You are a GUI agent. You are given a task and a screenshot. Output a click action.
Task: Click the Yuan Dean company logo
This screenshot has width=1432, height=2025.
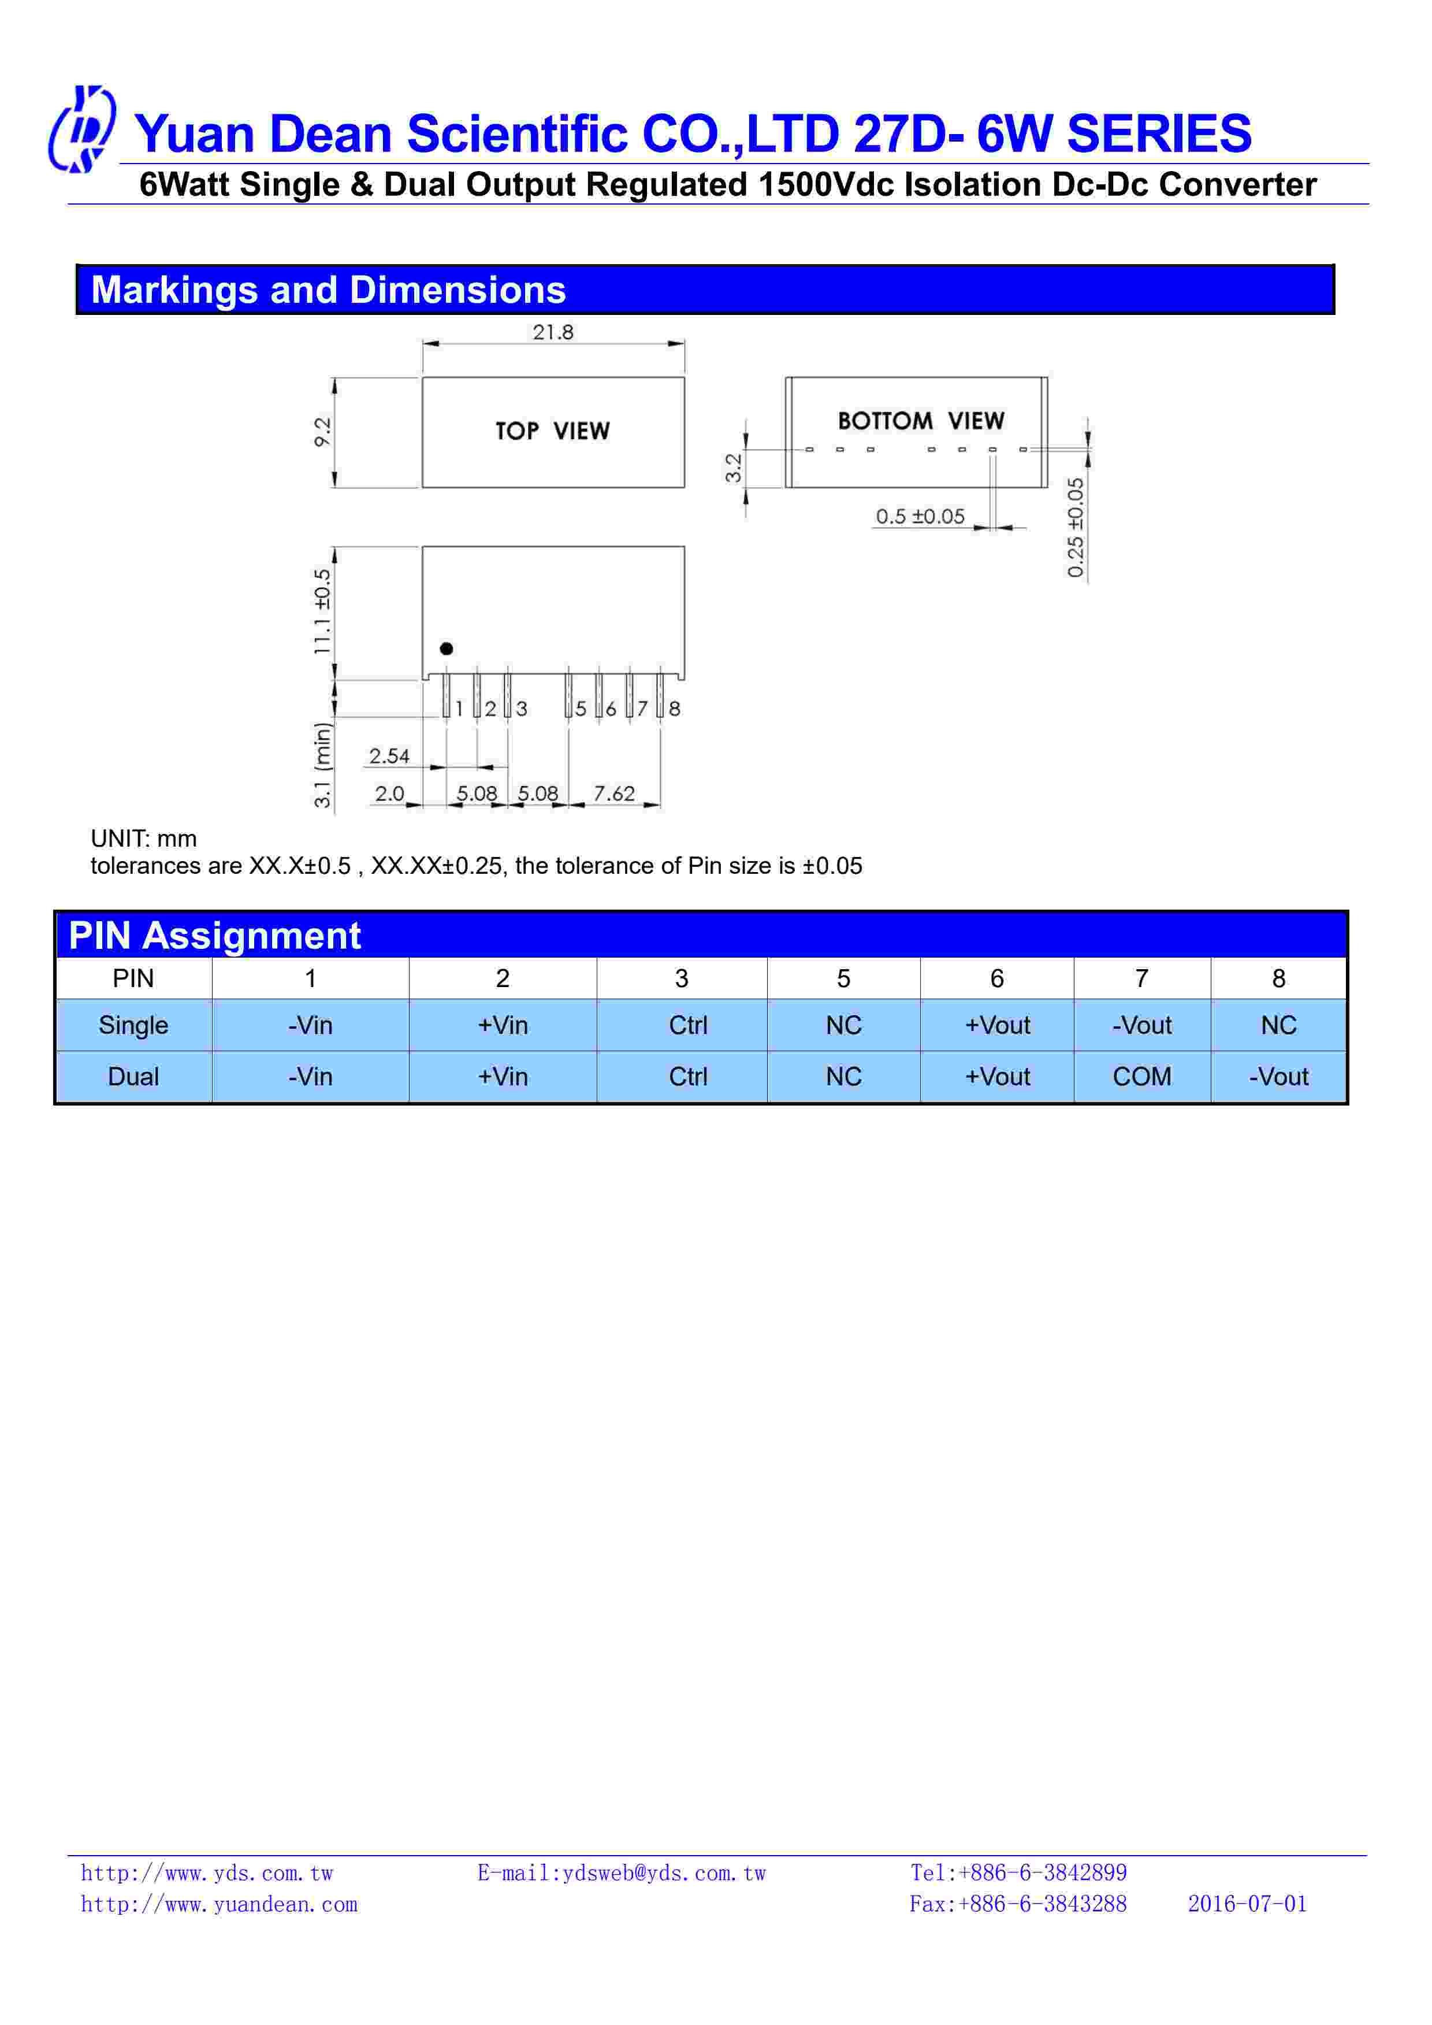point(81,129)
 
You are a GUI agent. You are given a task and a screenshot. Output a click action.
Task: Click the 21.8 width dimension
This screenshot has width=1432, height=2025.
point(552,332)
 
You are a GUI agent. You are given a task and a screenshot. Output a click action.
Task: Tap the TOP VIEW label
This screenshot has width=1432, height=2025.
point(552,431)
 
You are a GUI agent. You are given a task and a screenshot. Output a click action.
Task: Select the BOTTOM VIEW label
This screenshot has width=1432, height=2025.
point(921,421)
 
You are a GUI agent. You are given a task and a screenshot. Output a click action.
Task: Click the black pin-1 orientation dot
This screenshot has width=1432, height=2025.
point(446,648)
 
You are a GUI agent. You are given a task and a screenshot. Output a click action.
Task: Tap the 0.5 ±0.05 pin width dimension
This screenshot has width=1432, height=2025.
point(920,516)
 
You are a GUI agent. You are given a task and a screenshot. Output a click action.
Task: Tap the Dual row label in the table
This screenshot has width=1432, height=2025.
point(133,1076)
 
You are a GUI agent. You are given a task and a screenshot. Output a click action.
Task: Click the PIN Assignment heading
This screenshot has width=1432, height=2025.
point(214,936)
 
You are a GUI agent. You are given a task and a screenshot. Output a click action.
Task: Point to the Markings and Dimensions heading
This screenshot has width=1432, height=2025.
point(328,290)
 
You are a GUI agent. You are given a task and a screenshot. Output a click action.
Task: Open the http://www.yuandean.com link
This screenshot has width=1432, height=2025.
point(219,1904)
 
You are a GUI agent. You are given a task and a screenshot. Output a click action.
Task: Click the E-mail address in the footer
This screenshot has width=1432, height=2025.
point(622,1874)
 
